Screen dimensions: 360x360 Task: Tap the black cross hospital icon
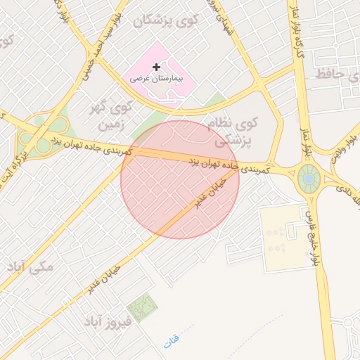(x=156, y=67)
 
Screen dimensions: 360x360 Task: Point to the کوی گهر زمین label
(x=112, y=116)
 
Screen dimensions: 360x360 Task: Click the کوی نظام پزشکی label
(x=233, y=131)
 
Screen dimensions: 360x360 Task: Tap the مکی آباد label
(x=29, y=268)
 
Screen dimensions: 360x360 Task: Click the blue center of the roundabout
(x=308, y=179)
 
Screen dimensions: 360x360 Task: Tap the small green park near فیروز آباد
(x=143, y=308)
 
